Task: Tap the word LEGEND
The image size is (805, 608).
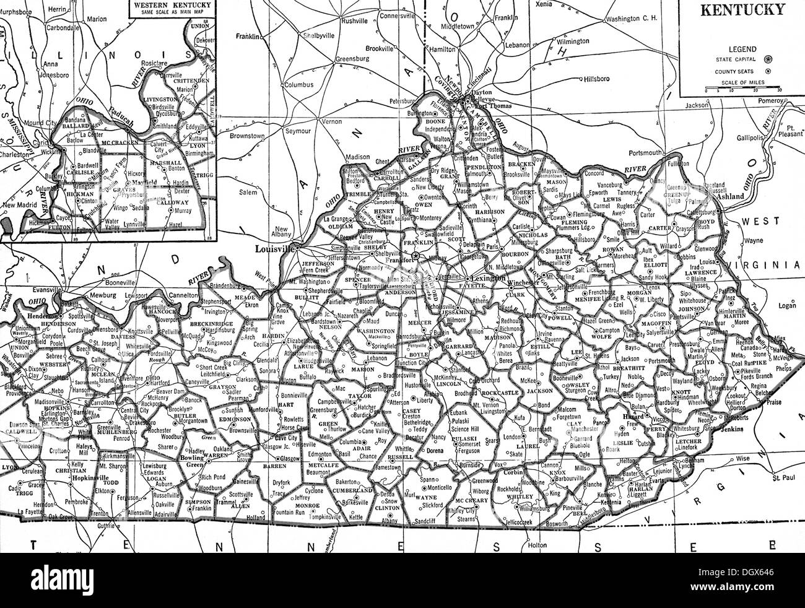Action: [x=741, y=48]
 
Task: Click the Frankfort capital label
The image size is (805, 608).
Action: [x=399, y=261]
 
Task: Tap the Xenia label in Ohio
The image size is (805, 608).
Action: [x=545, y=4]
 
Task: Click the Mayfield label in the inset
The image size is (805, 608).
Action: [x=142, y=183]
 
